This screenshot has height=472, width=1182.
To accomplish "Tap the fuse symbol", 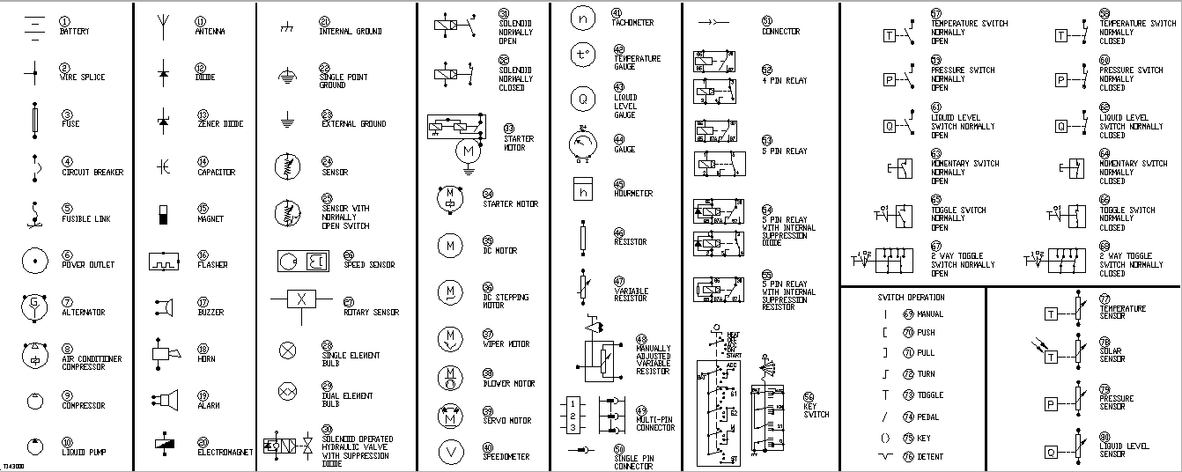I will point(34,120).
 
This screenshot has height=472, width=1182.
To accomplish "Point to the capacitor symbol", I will point(163,166).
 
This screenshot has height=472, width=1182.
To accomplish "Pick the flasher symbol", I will point(164,261).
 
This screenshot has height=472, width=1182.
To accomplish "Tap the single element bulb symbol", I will point(287,350).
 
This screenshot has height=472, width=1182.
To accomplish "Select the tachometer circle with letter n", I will point(582,18).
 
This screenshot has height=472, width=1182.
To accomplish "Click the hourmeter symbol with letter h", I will point(582,189).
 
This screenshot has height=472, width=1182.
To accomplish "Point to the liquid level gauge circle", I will point(582,100).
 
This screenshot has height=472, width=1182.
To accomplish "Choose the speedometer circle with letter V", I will point(451,453).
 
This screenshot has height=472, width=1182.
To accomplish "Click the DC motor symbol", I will point(451,245).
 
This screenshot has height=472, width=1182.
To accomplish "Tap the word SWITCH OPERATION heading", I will point(911,298).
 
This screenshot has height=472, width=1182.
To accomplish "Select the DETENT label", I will point(930,457).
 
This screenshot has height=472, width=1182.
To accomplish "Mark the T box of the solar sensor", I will point(1051,357).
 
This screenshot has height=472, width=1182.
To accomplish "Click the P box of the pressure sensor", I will point(1051,404).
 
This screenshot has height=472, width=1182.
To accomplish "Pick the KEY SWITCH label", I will point(816,410).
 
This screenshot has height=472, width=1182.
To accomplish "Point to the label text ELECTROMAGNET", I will point(225,453).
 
